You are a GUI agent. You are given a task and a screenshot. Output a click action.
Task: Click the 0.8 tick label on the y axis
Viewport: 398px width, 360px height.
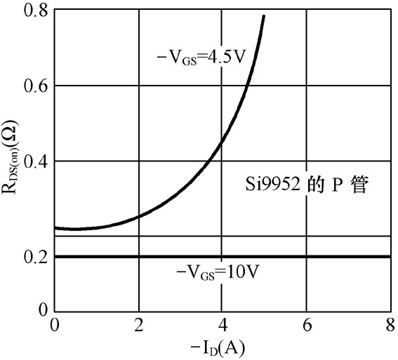coord(35,11)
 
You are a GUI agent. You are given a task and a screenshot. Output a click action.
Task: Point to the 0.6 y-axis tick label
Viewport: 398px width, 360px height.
coord(35,86)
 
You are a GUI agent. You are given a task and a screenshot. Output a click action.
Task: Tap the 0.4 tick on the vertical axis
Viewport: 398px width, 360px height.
coord(35,161)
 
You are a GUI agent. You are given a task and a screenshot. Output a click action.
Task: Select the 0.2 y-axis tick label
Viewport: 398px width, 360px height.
coord(35,257)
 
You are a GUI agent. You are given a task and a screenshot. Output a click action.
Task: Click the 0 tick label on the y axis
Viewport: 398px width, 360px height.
coord(43,309)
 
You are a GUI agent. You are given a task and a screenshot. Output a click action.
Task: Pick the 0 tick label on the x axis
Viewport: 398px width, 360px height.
coord(54,325)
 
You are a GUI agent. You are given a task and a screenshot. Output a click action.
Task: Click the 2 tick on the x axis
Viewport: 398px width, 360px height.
coord(139,325)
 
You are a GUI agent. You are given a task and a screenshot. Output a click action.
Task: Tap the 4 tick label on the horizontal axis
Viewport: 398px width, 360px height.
coord(223,325)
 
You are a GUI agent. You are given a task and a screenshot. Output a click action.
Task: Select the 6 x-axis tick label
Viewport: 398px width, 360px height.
coord(307,325)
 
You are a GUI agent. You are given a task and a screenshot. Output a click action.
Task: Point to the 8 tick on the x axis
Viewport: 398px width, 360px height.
coord(391,325)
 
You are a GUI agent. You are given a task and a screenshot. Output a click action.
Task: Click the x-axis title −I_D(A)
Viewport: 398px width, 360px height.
coord(218,349)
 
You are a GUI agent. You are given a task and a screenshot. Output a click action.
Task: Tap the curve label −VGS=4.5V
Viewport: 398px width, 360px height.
coord(201,59)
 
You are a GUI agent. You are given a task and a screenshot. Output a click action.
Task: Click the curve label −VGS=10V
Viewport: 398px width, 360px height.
coord(218,273)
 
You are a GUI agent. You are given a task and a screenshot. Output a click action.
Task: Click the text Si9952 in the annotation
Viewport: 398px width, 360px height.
coord(273,185)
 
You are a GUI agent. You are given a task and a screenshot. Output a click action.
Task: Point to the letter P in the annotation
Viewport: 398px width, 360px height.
coord(335,185)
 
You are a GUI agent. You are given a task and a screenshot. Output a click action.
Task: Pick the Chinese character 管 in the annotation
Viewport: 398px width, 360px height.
coord(359,185)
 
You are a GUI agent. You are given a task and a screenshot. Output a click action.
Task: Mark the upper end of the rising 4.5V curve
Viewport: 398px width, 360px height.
coord(264,16)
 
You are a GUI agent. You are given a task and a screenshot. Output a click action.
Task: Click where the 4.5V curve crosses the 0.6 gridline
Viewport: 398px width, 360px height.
coord(246,86)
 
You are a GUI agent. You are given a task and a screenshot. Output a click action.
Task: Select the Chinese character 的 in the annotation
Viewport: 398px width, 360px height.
coord(315,185)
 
